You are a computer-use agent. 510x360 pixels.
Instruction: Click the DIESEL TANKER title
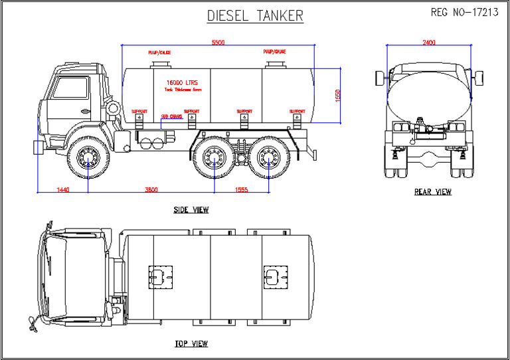pyautogui.click(x=255, y=15)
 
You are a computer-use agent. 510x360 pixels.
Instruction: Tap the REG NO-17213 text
pyautogui.click(x=464, y=13)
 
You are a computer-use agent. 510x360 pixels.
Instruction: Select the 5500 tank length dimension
pyautogui.click(x=218, y=43)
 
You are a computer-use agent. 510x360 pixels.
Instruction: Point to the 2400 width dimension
pyautogui.click(x=429, y=43)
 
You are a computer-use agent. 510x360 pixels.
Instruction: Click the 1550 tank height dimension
pyautogui.click(x=337, y=96)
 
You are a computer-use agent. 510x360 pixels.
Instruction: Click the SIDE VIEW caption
pyautogui.click(x=191, y=210)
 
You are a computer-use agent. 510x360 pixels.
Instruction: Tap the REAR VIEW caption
pyautogui.click(x=432, y=192)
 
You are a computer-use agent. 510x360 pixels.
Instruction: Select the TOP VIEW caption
pyautogui.click(x=191, y=343)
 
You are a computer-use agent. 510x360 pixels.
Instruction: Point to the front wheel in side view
pyautogui.click(x=88, y=159)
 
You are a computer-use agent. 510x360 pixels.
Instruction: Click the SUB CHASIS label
pyautogui.click(x=172, y=116)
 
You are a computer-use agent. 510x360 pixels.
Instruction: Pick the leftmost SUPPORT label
pyautogui.click(x=139, y=111)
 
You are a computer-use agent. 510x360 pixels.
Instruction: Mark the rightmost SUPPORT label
pyautogui.click(x=296, y=111)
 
